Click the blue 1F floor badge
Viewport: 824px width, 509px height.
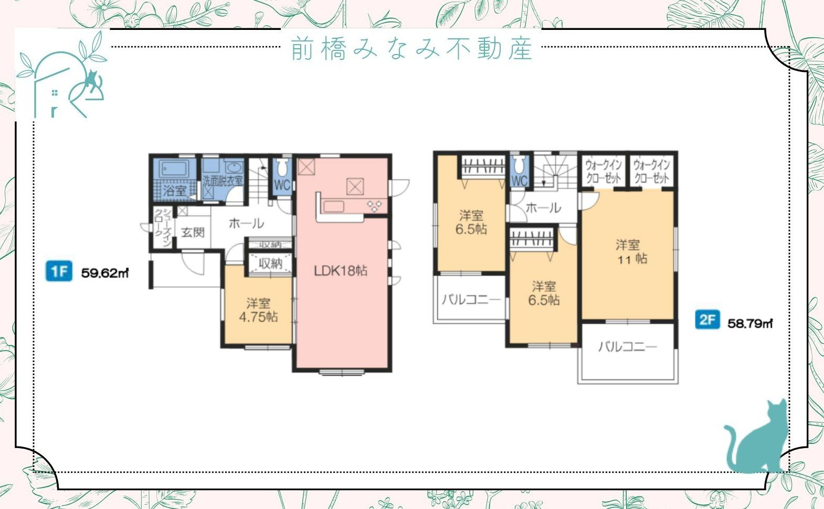(59, 271)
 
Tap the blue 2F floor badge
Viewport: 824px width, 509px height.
(707, 319)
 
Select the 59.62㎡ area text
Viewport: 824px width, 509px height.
(105, 273)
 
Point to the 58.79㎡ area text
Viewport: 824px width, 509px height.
(750, 323)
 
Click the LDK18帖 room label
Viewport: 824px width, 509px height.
(341, 271)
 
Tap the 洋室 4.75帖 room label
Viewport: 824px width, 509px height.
(258, 310)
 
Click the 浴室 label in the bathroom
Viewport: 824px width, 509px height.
(174, 190)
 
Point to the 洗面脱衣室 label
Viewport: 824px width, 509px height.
(223, 181)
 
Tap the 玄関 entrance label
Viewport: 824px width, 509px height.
(193, 232)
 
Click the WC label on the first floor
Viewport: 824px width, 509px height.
(282, 185)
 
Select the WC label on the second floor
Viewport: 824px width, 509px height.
(519, 181)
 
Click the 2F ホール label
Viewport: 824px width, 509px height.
(543, 208)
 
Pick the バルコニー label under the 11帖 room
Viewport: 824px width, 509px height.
(627, 347)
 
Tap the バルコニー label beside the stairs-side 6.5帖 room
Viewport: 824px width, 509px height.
(471, 300)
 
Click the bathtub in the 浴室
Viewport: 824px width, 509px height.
(174, 169)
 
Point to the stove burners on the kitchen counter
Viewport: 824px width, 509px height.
(375, 206)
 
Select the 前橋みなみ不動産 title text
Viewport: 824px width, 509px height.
(412, 48)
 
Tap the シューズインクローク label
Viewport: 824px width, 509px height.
(162, 228)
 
